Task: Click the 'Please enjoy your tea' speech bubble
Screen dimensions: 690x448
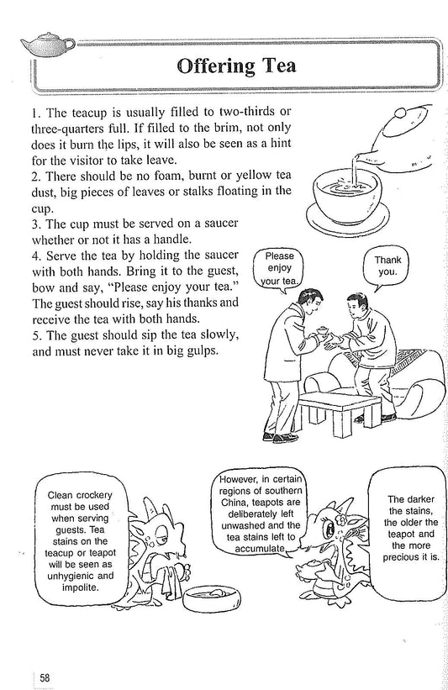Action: [278, 266]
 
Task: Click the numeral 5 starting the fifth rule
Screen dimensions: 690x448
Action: [31, 334]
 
